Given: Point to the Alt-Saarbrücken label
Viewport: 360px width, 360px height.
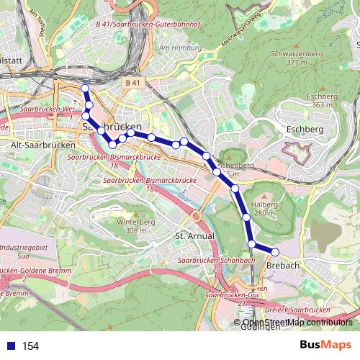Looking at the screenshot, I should point(35,144).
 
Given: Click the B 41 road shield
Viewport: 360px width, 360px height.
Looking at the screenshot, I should point(132,83).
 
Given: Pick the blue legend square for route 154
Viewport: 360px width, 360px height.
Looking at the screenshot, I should point(9,346).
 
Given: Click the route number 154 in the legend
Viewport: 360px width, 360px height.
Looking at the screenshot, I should point(30,346).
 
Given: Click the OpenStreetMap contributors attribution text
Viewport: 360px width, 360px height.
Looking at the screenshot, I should point(296,322).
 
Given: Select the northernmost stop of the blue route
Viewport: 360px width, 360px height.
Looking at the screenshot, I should point(85,89).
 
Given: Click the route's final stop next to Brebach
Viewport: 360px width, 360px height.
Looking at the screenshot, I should point(274,251).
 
